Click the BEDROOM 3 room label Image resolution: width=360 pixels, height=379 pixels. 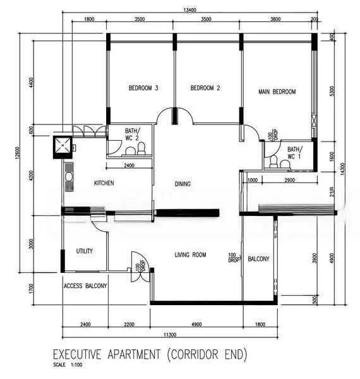(x=143, y=88)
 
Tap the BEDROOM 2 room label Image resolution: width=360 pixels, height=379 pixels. (x=205, y=88)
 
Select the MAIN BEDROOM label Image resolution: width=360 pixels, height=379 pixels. (x=277, y=92)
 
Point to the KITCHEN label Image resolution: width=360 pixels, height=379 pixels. (x=104, y=183)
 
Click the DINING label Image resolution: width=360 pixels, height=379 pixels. (x=183, y=184)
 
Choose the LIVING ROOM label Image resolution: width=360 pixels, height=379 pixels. (x=190, y=255)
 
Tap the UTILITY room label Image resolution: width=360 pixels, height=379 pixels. (x=85, y=251)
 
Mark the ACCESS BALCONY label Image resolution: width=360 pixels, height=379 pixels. (x=85, y=286)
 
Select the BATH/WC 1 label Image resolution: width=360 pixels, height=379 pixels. (x=295, y=152)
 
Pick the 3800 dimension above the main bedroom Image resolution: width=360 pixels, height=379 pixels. (x=275, y=20)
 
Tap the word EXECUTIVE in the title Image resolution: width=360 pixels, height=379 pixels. (x=84, y=356)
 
